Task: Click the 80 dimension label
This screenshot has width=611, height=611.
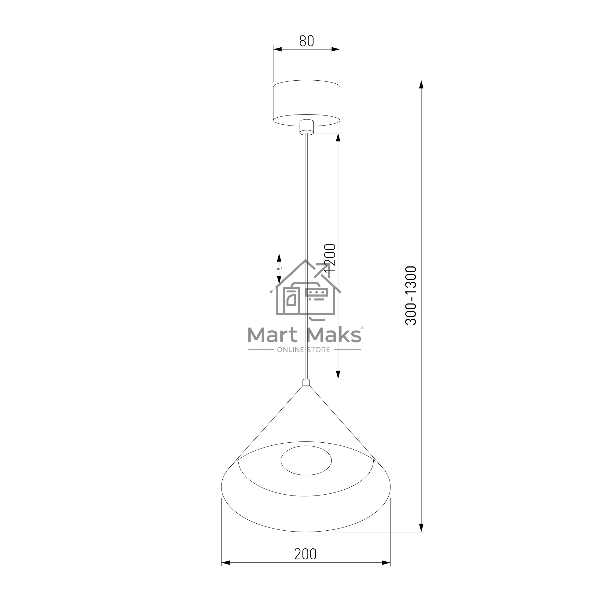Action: [x=306, y=41]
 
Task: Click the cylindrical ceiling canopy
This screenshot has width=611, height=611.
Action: [x=306, y=103]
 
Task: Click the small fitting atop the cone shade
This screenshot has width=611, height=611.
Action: [x=306, y=383]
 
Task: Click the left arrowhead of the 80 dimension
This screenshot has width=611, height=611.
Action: [x=278, y=49]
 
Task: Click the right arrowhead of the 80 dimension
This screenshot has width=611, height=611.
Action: [x=335, y=49]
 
